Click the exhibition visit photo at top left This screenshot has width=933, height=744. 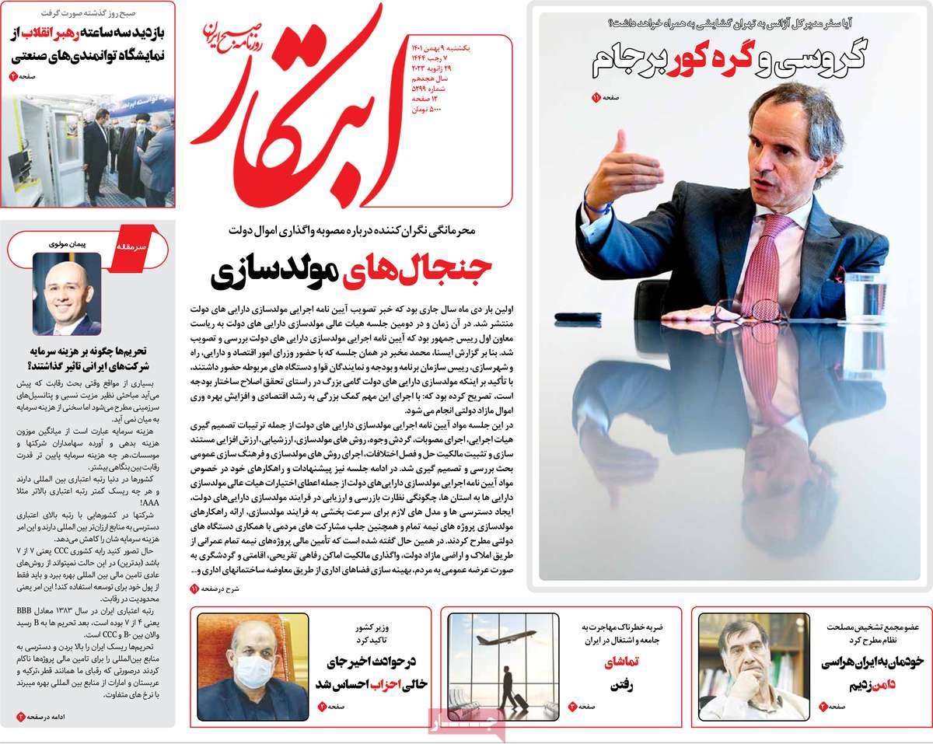point(87,148)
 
